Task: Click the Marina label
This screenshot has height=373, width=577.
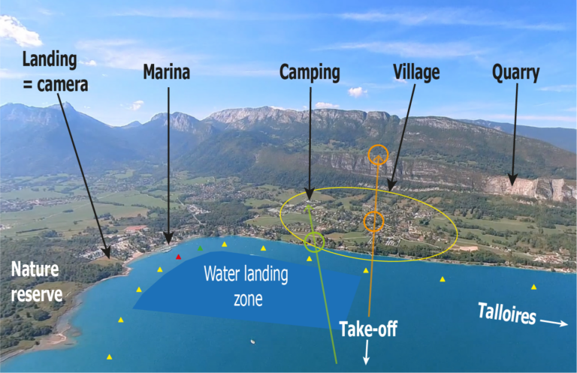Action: tap(166, 71)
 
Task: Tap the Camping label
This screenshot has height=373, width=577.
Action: tap(310, 72)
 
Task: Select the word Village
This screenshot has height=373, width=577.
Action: tap(416, 72)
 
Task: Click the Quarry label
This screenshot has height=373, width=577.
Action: tap(515, 73)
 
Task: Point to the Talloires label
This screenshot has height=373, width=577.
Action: tap(506, 314)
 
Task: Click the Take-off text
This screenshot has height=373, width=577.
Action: tap(368, 329)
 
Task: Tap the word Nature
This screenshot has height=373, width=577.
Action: tap(35, 269)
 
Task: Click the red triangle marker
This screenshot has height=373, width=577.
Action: tap(179, 257)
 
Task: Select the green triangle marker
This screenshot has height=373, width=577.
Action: tap(200, 248)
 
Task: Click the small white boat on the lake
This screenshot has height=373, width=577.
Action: tap(252, 341)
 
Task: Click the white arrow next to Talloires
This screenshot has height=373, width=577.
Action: tap(554, 322)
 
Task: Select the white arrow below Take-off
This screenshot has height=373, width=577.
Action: tap(367, 352)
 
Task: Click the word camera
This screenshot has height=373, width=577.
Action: tap(62, 85)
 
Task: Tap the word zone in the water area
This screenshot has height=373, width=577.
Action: tap(248, 299)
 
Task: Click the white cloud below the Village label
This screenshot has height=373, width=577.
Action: tap(356, 92)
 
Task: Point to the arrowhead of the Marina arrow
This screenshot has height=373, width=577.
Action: tap(168, 239)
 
